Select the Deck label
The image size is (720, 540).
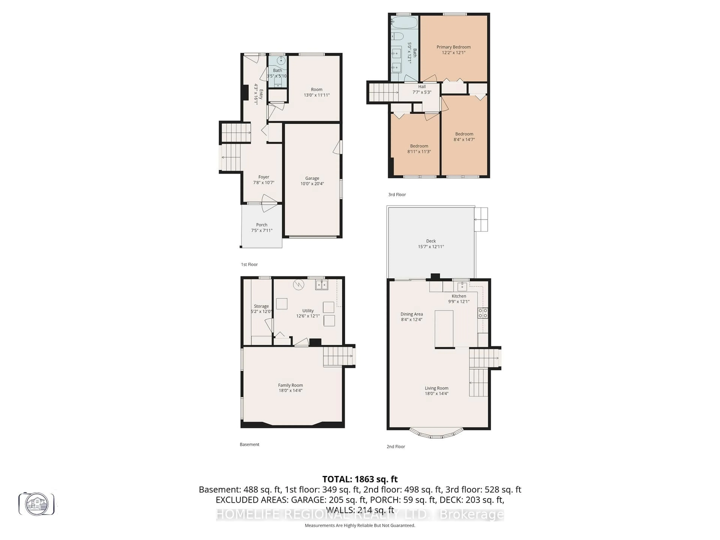tap(431, 241)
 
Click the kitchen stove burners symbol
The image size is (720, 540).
tap(482, 313)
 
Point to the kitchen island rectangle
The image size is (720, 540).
tap(444, 329)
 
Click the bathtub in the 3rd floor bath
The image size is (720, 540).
tap(404, 23)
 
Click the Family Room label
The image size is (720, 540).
tap(290, 385)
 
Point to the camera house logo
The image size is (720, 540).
tap(36, 504)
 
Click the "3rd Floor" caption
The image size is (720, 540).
tap(397, 195)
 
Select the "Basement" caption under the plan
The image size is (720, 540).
tap(249, 444)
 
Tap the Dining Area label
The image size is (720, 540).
tap(411, 314)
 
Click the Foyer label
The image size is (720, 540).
tap(264, 177)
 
